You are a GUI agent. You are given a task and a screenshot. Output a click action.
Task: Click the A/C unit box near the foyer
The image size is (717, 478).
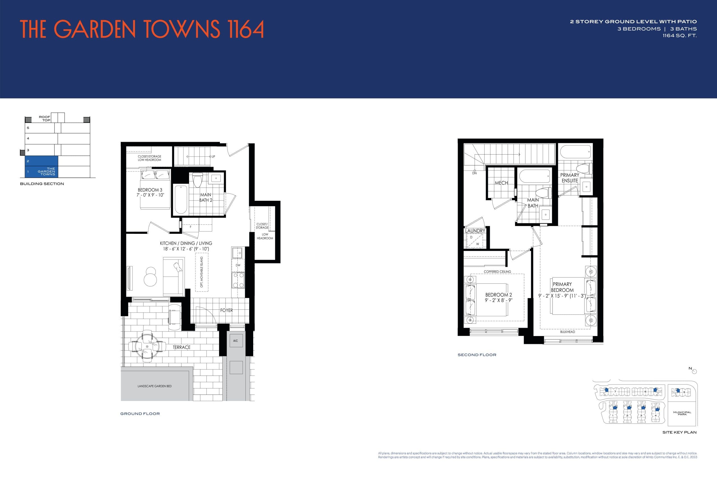pyautogui.click(x=236, y=341)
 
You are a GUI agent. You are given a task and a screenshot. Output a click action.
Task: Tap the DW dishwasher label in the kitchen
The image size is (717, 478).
pyautogui.click(x=238, y=265)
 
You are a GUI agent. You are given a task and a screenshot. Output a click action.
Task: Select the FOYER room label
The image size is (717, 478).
pyautogui.click(x=227, y=310)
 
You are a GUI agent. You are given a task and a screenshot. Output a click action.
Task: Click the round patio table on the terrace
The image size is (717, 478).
pyautogui.click(x=147, y=347)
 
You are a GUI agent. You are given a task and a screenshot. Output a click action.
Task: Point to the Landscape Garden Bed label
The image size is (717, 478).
pyautogui.click(x=154, y=386)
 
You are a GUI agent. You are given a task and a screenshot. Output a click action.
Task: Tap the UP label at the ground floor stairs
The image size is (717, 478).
pyautogui.click(x=213, y=156)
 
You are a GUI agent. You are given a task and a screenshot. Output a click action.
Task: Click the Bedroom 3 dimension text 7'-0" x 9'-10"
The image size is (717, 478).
pyautogui.click(x=150, y=195)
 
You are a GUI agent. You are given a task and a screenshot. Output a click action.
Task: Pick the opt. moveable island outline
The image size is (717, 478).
pyautogui.click(x=201, y=272)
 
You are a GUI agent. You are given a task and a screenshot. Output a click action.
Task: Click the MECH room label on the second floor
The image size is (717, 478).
pyautogui.click(x=501, y=183)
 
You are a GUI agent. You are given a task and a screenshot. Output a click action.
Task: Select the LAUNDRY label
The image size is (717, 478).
pyautogui.click(x=475, y=231)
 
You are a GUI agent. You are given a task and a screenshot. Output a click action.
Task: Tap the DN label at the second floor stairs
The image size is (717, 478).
pyautogui.click(x=474, y=173)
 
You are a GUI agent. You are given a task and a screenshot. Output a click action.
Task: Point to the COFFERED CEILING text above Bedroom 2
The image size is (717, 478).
pyautogui.click(x=497, y=272)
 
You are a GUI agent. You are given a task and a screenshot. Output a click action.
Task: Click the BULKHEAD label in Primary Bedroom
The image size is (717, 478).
pyautogui.click(x=567, y=332)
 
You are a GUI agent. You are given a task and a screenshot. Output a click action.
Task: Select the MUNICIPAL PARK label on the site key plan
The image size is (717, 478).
pyautogui.click(x=682, y=413)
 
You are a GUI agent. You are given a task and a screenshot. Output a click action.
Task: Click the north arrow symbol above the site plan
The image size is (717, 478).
pyautogui.click(x=694, y=371)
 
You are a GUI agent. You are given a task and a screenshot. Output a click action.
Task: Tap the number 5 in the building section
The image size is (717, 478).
pyautogui.click(x=28, y=128)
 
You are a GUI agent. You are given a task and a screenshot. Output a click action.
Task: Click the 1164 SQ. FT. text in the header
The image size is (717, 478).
pyautogui.click(x=679, y=36)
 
